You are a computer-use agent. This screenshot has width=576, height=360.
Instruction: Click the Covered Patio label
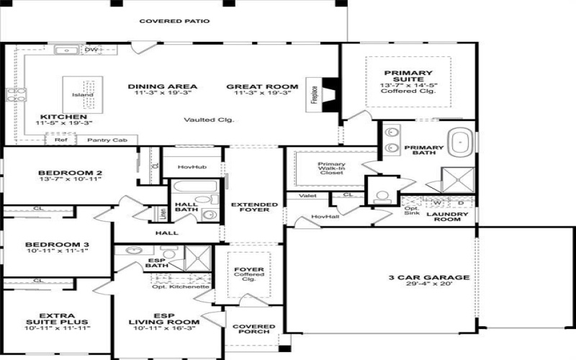174,22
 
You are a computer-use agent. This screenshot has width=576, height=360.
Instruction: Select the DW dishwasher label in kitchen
91,50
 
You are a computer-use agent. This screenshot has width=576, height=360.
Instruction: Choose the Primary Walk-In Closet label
331,168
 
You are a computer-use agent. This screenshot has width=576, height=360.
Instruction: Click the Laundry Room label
447,217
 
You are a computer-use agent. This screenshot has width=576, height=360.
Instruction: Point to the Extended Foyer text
249,207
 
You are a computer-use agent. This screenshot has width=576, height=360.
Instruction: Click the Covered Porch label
253,330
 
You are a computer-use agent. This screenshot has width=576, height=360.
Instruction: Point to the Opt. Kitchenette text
180,287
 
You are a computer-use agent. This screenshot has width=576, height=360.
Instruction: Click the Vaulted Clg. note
209,120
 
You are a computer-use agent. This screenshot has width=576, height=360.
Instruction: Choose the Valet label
307,195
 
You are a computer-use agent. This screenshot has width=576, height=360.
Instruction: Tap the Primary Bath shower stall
459,179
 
